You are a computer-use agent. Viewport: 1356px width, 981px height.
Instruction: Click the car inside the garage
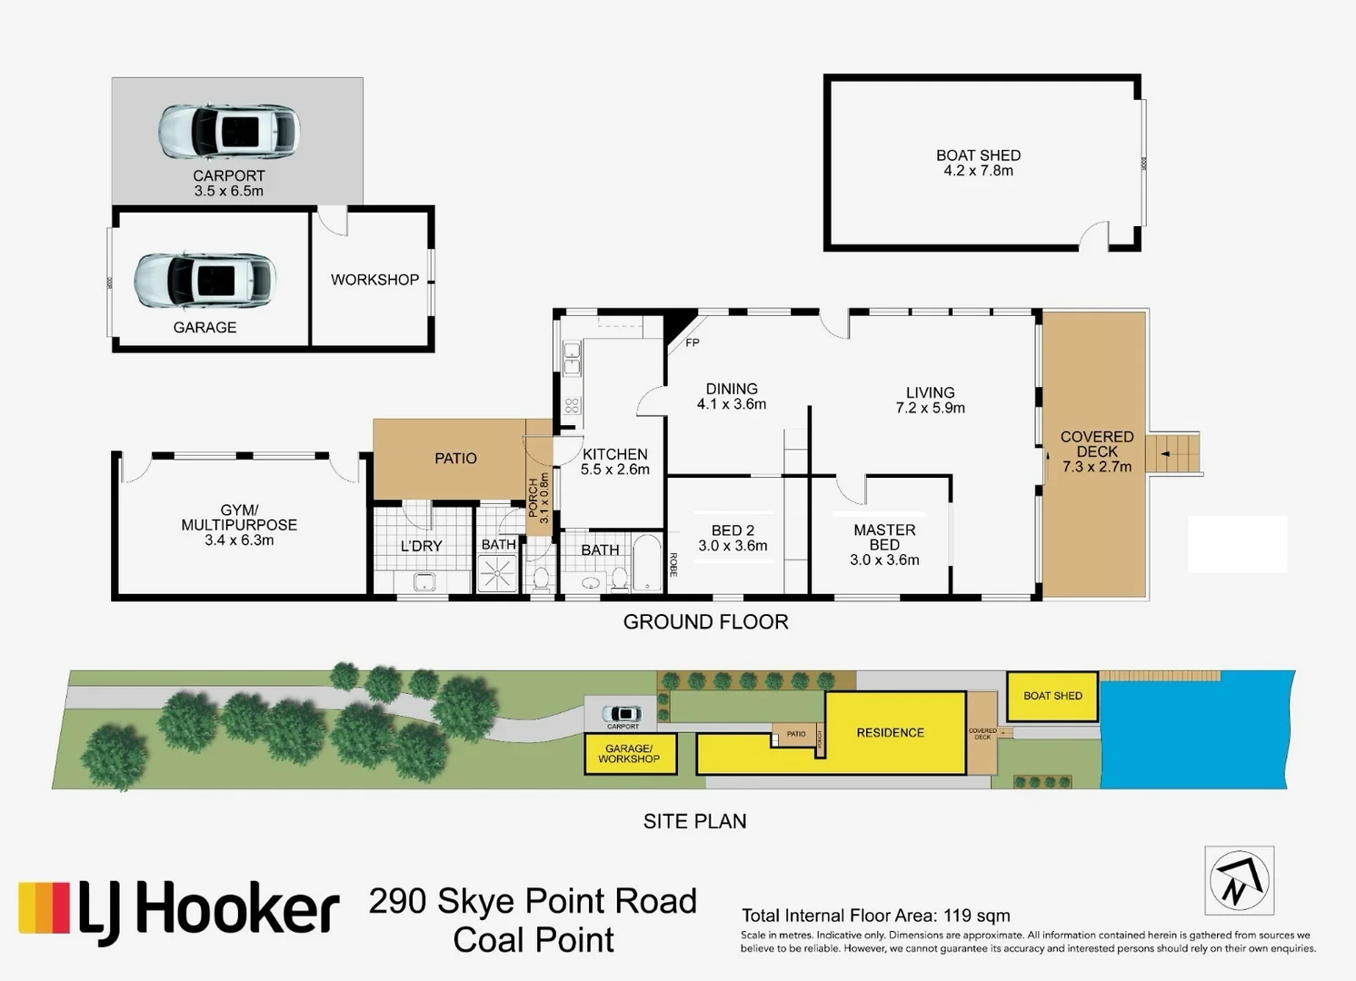204,282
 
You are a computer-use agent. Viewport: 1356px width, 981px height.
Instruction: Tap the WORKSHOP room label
374,280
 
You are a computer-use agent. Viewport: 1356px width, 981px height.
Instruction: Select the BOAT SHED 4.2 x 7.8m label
978,163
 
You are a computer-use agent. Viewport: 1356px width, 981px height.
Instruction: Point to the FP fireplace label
693,342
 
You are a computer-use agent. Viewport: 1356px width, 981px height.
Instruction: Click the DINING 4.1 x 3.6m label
732,396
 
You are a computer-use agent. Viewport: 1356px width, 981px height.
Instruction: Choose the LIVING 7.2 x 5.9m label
930,401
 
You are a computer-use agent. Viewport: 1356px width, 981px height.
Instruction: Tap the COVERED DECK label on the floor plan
1096,451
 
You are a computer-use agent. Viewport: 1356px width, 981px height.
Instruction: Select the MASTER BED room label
884,544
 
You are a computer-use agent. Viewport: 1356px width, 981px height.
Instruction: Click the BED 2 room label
733,538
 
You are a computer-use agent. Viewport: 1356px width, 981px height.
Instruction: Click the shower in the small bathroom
497,573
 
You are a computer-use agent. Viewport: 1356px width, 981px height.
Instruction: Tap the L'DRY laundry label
421,546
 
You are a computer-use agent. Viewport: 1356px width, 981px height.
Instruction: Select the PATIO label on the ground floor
455,459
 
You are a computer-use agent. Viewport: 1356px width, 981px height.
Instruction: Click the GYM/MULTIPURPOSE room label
239,525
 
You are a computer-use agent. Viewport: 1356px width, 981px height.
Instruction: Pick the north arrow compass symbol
1239,881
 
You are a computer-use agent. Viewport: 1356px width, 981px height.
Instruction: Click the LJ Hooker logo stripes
45,907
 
